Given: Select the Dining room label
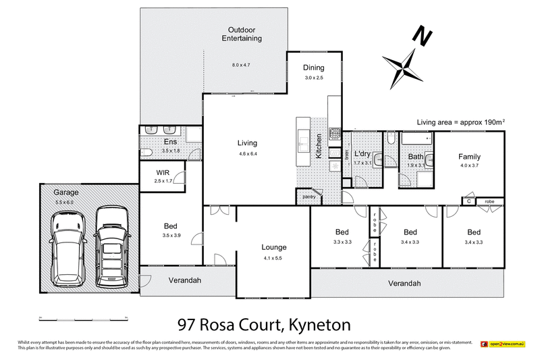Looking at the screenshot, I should (313, 68).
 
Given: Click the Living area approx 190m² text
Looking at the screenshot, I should (461, 122).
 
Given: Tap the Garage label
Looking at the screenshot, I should (66, 192).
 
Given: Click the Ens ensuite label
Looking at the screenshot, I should (170, 142).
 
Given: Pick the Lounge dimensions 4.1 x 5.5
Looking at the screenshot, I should (274, 258).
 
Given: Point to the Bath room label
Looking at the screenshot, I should (415, 157).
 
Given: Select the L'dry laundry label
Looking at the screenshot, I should (362, 154).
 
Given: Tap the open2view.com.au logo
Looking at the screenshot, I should (503, 344).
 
